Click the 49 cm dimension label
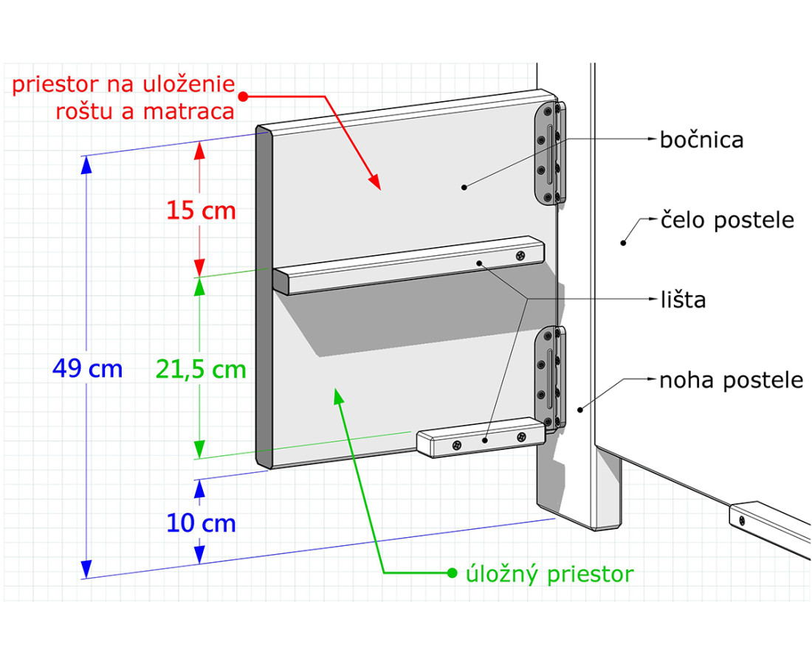click(x=88, y=369)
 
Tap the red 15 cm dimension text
click(x=201, y=211)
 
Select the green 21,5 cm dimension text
click(x=201, y=370)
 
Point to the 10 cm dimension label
click(x=201, y=523)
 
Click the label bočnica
click(x=702, y=140)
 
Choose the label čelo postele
click(x=727, y=221)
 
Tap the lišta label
click(x=683, y=300)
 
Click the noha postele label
click(x=732, y=381)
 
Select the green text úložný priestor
click(x=549, y=575)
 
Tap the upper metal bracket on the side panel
click(x=550, y=153)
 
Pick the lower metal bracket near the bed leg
click(x=551, y=378)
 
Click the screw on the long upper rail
click(x=521, y=255)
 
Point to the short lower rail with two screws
click(x=481, y=438)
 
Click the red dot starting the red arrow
click(x=244, y=96)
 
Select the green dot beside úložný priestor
click(x=452, y=573)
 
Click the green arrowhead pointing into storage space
click(x=338, y=395)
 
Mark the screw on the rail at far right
click(x=742, y=519)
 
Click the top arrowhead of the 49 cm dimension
click(x=86, y=165)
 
